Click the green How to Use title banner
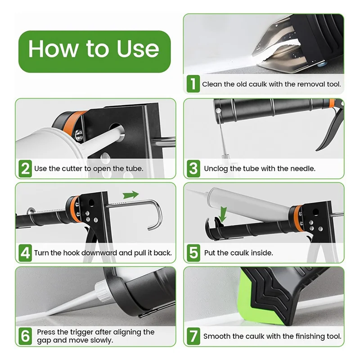click(x=94, y=52)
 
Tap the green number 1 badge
click(x=193, y=84)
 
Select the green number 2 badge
click(x=25, y=168)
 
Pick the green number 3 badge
click(x=193, y=168)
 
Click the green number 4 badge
click(x=25, y=253)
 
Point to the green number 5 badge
click(x=193, y=253)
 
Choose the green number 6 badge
click(x=25, y=336)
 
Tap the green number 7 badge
click(x=193, y=336)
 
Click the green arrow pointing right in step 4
click(x=130, y=195)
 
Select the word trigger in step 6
click(x=82, y=333)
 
